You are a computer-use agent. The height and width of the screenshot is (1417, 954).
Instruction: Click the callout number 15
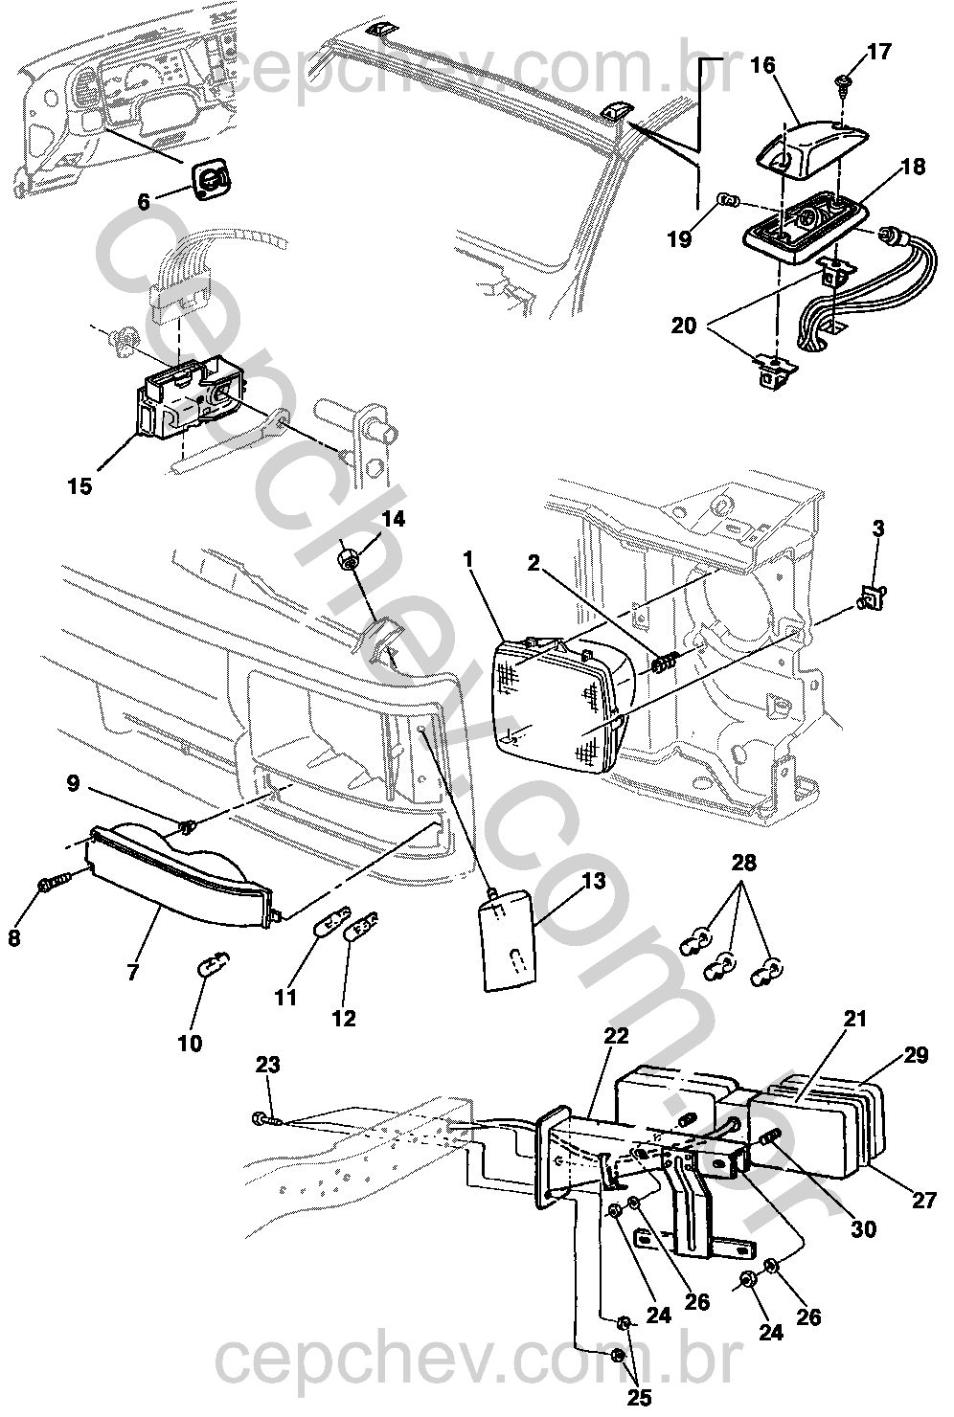point(80,486)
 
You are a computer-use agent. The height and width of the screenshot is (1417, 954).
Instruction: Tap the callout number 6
point(144,202)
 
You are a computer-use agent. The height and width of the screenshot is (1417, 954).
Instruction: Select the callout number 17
point(878,52)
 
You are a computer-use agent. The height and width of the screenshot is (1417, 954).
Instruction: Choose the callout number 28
point(744,862)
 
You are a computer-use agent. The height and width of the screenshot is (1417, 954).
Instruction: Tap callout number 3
point(878,529)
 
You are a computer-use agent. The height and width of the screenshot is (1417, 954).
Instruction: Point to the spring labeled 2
point(664,662)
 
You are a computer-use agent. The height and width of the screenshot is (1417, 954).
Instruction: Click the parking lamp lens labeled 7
point(180,876)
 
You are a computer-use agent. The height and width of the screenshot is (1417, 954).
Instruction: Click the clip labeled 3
point(871,598)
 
